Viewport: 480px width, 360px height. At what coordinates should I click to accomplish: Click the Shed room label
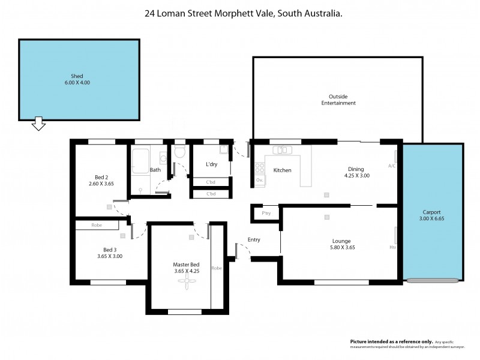(77, 76)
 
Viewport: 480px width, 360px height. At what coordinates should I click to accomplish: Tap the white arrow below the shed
(39, 124)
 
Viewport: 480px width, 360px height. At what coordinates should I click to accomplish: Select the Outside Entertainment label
(338, 100)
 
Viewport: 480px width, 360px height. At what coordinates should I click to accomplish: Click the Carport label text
(431, 212)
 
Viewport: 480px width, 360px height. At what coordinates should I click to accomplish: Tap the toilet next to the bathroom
(179, 153)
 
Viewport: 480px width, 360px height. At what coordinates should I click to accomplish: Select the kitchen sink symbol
(281, 149)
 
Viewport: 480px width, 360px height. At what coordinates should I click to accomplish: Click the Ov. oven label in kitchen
(259, 180)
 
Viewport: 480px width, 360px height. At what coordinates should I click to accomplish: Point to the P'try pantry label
(266, 214)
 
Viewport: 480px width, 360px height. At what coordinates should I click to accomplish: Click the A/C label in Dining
(391, 166)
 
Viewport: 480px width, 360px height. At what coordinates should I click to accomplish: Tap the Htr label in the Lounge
(392, 247)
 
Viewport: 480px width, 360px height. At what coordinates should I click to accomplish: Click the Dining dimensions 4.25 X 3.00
(356, 176)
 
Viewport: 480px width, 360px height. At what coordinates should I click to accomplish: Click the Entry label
(254, 239)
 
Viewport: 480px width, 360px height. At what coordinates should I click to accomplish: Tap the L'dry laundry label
(211, 164)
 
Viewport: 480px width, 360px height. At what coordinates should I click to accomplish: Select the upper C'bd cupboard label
(211, 182)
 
